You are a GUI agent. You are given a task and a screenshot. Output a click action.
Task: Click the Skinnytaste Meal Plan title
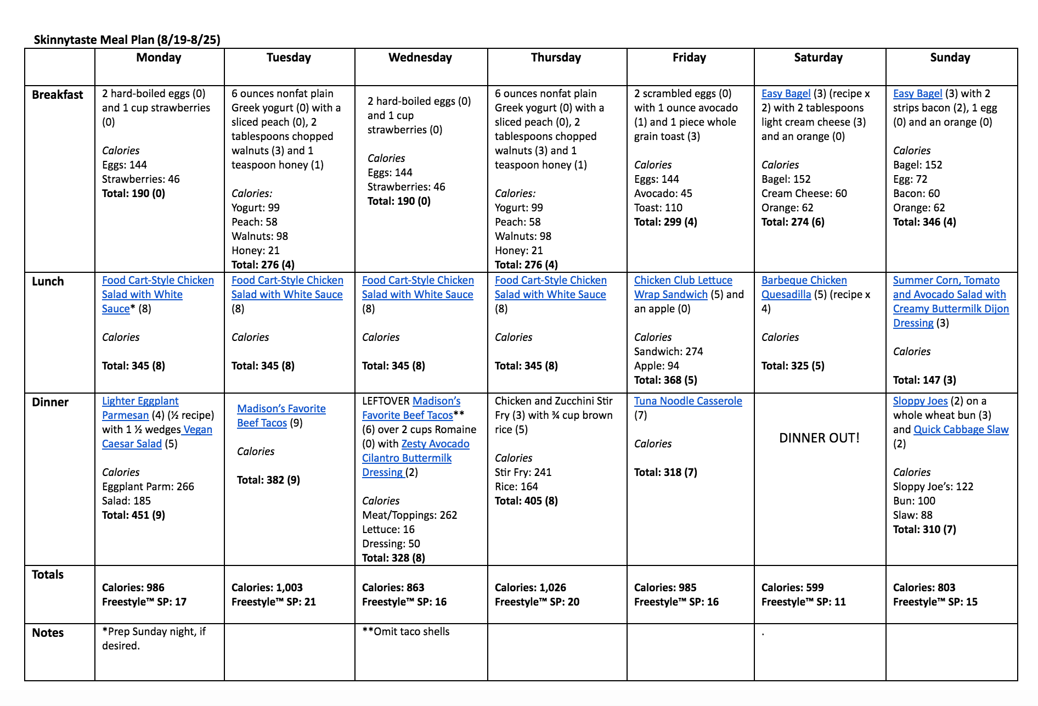[x=127, y=40]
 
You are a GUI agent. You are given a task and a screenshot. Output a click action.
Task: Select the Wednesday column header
[x=420, y=58]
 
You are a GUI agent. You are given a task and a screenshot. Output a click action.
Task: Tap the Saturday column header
[x=818, y=58]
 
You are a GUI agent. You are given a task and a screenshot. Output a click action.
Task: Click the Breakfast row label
[x=58, y=94]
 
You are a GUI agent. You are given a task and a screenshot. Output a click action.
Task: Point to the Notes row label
[x=48, y=632]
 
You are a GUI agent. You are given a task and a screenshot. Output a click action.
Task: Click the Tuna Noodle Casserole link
[x=688, y=401]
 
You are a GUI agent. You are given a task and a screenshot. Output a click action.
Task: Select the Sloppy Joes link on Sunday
[x=920, y=401]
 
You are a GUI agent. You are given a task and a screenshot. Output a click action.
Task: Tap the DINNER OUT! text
[x=819, y=438]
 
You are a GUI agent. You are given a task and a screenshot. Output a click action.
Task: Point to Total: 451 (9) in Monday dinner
[x=133, y=515]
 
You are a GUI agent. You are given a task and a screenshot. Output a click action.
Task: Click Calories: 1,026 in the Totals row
[x=530, y=587]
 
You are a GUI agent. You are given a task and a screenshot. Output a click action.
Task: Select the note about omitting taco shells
[x=406, y=632]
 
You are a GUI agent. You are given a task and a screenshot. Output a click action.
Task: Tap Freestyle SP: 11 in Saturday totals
[x=803, y=602]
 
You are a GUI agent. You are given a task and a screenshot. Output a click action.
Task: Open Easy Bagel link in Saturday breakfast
[x=786, y=94]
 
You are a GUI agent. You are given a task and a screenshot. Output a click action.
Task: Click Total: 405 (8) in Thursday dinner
[x=526, y=501]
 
